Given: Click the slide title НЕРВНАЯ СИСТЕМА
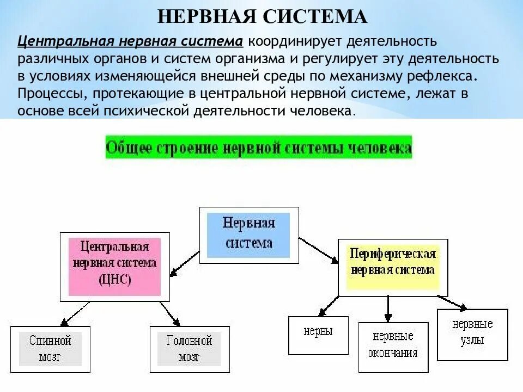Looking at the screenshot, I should pos(262,16).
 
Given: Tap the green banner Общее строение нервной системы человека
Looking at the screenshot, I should pos(259,148).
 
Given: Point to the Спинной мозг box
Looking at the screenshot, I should pos(50,349).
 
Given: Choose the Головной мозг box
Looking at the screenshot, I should pos(188,349).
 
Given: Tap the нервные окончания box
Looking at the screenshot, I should pos(393,345).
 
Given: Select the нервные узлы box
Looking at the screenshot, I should pos(472,333).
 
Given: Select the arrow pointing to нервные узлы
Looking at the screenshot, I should pos(452,302).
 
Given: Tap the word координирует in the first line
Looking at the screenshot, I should pos(293,42).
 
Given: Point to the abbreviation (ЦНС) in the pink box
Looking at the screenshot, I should pos(115,280).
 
